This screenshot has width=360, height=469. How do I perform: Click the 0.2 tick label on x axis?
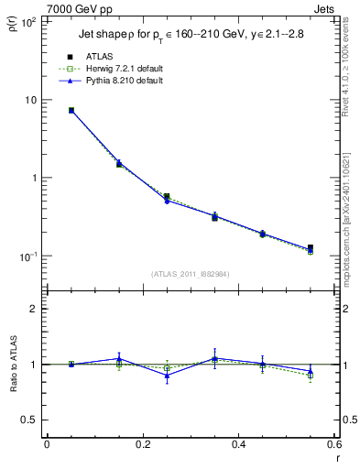(x=143, y=447)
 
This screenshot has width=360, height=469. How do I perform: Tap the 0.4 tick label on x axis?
(x=239, y=447)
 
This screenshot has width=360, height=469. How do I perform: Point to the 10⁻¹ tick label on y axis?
(x=28, y=256)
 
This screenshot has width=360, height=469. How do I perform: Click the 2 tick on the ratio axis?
(x=34, y=309)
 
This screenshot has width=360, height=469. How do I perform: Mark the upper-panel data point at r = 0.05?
(x=71, y=111)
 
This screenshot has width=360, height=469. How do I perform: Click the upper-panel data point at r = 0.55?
(x=311, y=248)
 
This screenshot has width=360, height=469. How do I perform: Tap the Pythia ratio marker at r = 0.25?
(x=167, y=375)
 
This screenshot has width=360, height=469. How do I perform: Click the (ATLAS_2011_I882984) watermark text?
(x=191, y=274)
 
